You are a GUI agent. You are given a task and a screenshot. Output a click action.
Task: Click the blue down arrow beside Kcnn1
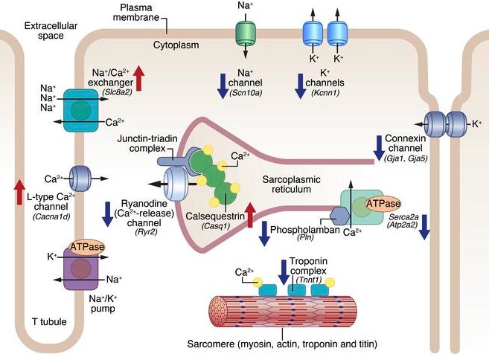(x=301, y=84)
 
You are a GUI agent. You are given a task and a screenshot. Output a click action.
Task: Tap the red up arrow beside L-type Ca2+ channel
(x=19, y=190)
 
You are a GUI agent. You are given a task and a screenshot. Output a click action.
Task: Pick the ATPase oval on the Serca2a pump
(x=381, y=202)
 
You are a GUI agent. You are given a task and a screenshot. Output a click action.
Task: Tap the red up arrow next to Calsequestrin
(x=250, y=216)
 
